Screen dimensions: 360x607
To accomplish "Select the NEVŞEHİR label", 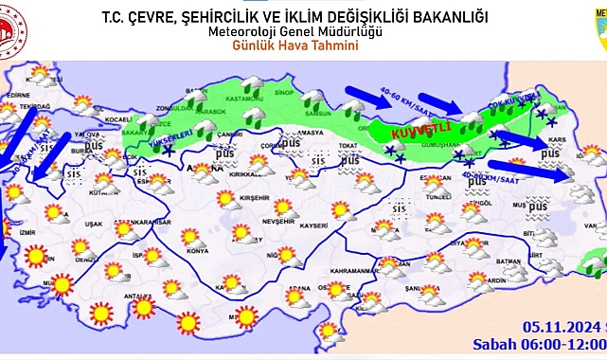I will coord(254,218).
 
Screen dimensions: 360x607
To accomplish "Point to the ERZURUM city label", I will coord(481,154).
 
